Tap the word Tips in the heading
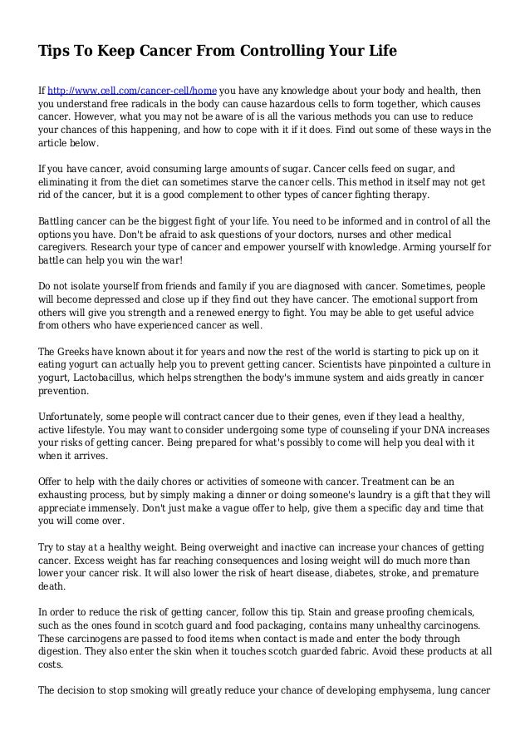pyautogui.click(x=53, y=52)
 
